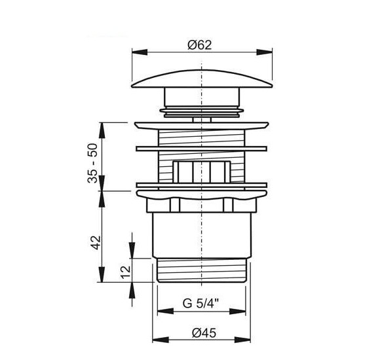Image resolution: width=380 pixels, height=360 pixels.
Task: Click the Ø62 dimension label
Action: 199,45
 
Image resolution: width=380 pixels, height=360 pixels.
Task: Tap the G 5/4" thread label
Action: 200,303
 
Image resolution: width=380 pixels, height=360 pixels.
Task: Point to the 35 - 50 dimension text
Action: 92,163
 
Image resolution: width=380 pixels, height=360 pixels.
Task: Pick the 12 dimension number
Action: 126,272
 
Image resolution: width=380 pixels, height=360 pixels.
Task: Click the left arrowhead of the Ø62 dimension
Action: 140,52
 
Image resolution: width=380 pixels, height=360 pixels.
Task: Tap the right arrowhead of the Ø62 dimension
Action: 265,52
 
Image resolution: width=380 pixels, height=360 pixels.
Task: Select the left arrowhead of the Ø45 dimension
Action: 161,340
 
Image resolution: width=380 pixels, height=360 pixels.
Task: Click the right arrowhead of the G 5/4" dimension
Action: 237,311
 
